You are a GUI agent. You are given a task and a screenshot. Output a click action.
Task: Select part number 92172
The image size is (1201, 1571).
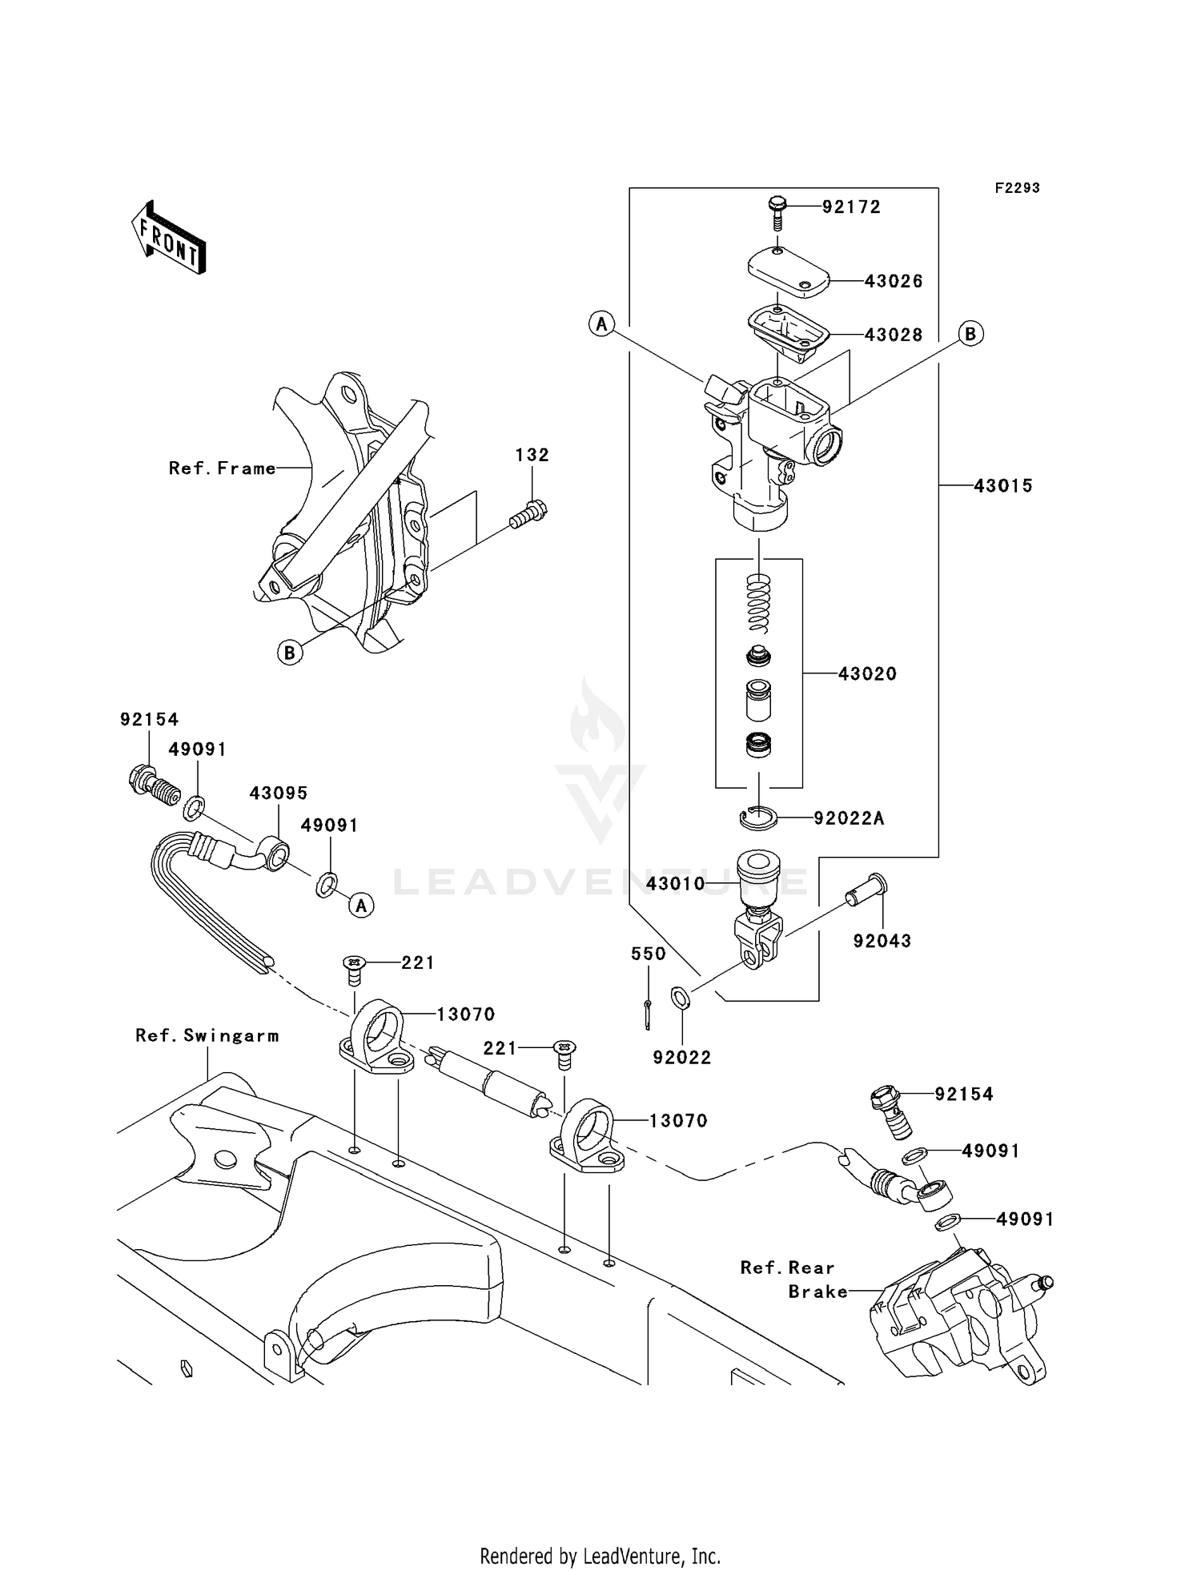point(851,207)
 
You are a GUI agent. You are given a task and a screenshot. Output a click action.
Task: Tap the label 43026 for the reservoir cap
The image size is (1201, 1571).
point(894,281)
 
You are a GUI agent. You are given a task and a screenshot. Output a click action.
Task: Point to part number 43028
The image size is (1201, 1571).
point(894,335)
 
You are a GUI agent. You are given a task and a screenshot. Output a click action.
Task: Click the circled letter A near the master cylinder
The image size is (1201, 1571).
point(601,324)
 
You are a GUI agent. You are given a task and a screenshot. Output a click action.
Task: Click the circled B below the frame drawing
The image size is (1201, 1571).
point(290,653)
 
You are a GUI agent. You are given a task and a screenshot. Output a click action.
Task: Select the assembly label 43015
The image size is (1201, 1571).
point(1003,485)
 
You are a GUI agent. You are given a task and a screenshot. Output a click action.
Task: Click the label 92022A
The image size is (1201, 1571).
point(849,818)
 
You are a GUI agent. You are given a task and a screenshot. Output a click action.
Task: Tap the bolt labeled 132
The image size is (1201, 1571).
point(528,513)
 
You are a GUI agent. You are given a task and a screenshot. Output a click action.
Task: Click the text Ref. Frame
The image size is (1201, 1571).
point(222,468)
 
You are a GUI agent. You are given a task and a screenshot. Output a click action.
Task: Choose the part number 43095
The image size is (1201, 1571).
point(278,793)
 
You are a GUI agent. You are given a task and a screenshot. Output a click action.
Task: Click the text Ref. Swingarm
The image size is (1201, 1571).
point(207,1035)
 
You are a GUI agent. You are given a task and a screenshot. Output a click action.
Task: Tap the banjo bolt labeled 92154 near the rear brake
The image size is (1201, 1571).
point(891,1111)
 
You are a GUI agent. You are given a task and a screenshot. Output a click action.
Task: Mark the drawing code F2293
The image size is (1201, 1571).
point(1017,187)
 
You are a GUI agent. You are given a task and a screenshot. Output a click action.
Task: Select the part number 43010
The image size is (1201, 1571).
point(675,883)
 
